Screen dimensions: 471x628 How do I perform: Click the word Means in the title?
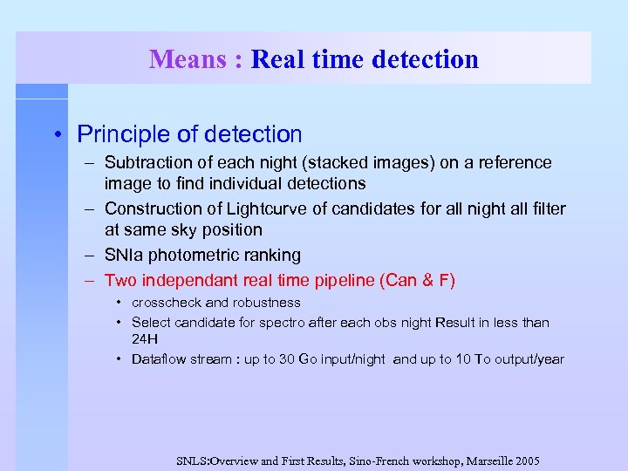tap(187, 59)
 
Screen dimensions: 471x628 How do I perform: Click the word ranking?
tap(271, 255)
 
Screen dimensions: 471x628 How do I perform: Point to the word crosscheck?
tap(167, 303)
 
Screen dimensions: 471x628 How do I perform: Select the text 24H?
tap(145, 338)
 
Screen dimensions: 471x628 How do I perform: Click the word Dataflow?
tap(160, 359)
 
